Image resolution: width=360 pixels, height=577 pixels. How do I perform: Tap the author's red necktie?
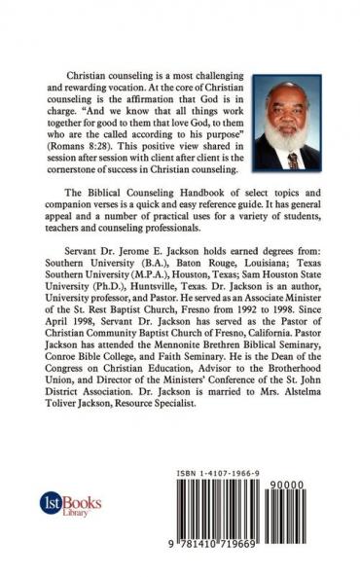pyautogui.click(x=293, y=160)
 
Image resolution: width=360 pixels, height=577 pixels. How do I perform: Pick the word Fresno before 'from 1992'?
pyautogui.click(x=194, y=325)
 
